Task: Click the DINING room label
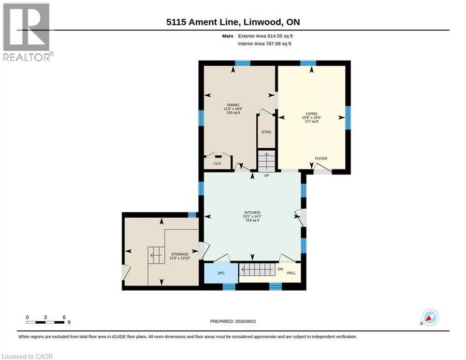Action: [x=234, y=105]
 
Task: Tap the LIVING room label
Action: [x=312, y=113]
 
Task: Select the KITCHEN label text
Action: [x=252, y=212]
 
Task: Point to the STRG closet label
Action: [x=266, y=132]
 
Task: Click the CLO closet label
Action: [x=217, y=164]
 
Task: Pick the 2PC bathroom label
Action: [x=221, y=273]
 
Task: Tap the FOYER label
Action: [x=321, y=159]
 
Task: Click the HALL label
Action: [x=291, y=273]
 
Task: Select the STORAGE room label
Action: [x=180, y=254]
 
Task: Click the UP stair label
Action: [x=266, y=176]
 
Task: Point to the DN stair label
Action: [x=280, y=269]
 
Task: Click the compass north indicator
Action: [x=430, y=317]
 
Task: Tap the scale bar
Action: [x=45, y=322]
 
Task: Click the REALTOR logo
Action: [x=28, y=32]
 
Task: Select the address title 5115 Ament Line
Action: [x=202, y=22]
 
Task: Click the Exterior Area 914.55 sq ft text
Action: [x=266, y=36]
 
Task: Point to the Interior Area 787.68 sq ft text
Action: [x=265, y=44]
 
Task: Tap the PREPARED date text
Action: [x=233, y=321]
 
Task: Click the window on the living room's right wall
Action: [x=348, y=118]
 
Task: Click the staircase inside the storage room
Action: [x=156, y=255]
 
